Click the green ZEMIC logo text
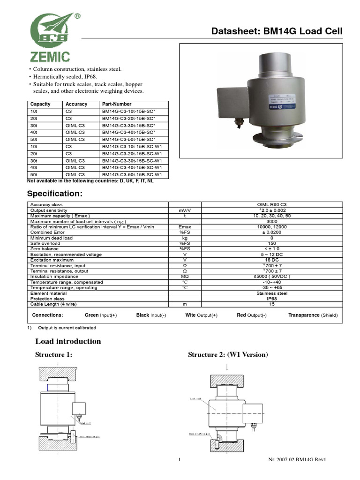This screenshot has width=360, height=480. (x=50, y=57)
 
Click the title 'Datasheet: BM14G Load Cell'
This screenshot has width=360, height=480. (x=277, y=31)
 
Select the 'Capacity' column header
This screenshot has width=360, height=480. (x=40, y=104)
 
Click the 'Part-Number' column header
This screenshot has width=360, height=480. (x=116, y=104)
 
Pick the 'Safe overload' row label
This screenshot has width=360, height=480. (x=45, y=243)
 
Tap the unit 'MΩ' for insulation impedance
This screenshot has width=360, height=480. (x=185, y=277)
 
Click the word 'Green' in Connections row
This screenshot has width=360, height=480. (x=92, y=315)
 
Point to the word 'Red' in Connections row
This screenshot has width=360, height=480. (x=241, y=315)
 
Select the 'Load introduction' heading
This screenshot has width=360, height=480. (x=68, y=341)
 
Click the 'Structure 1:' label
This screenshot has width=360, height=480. (x=54, y=355)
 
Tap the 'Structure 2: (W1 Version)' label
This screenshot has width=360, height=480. (x=228, y=355)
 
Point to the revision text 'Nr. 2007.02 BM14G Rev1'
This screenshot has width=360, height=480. (x=293, y=459)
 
